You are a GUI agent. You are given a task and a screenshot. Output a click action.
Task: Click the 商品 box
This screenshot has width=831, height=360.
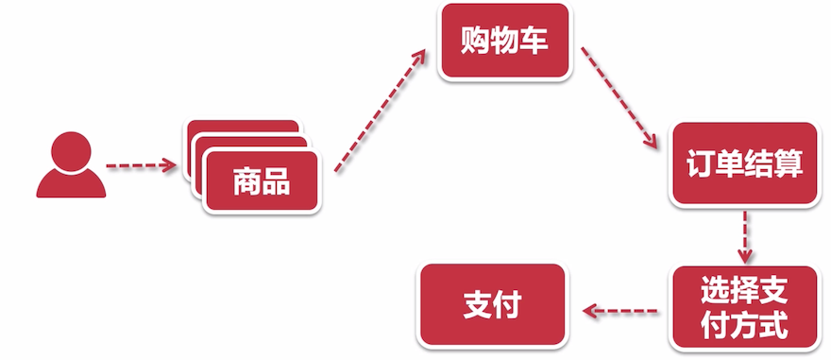(x=262, y=180)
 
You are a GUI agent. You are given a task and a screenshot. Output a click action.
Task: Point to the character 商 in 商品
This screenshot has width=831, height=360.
(x=246, y=180)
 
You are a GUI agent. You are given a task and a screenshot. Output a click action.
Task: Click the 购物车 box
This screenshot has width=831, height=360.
(x=505, y=43)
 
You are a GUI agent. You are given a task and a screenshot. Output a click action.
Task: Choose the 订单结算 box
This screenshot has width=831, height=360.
(x=743, y=164)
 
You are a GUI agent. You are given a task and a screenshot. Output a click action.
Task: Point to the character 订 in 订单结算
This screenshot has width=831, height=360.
(x=698, y=164)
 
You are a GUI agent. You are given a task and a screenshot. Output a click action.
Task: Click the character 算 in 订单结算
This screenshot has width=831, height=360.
(x=789, y=164)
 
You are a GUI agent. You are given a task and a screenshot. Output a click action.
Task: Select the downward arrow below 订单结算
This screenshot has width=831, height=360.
(x=745, y=236)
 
